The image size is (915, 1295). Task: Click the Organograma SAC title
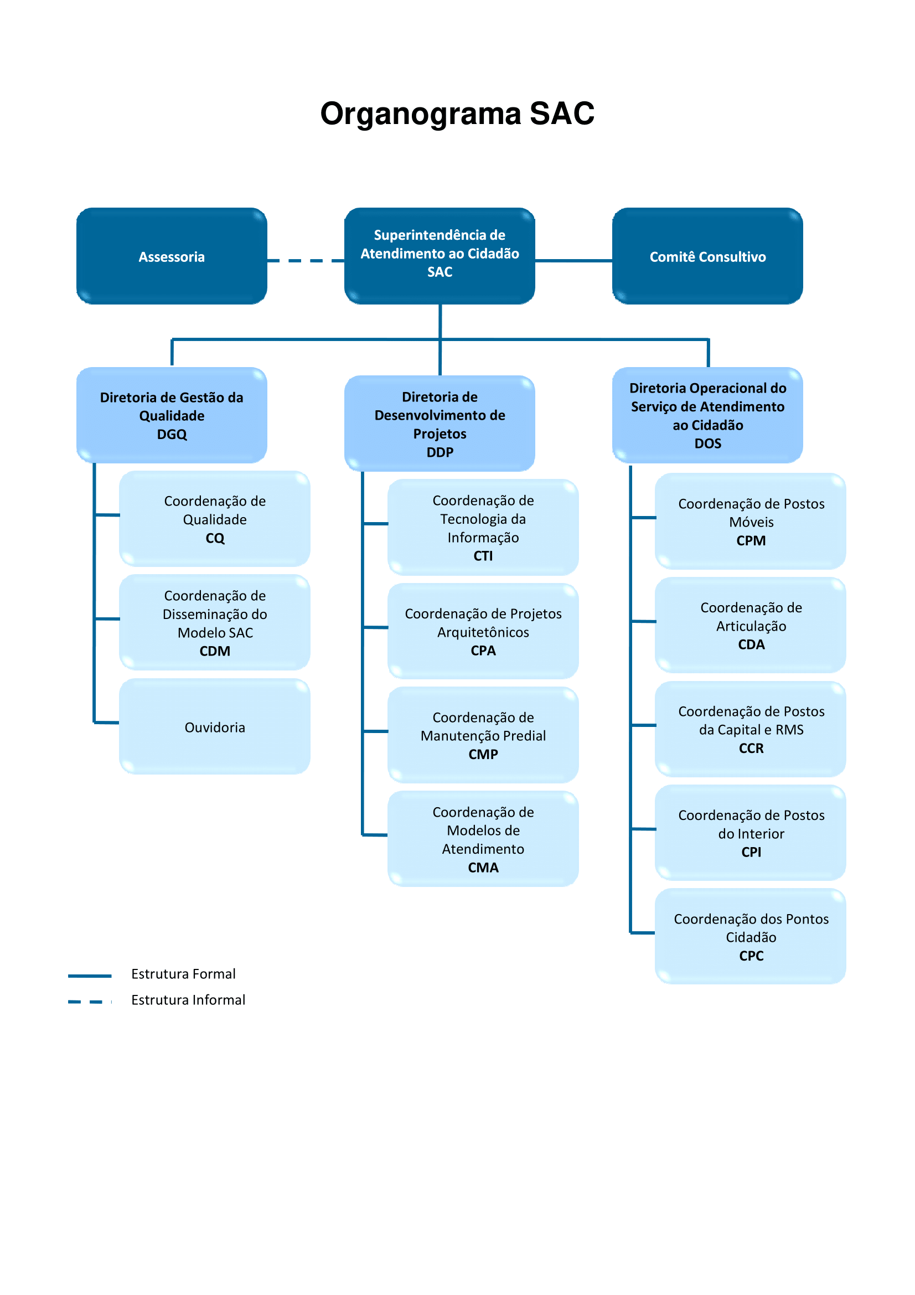pos(457,113)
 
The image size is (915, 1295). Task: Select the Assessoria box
pos(172,257)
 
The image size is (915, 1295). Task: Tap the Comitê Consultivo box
pos(707,257)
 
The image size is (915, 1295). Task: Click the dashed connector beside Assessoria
pos(305,261)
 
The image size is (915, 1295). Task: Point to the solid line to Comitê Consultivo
pos(573,261)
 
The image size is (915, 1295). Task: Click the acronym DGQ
pos(172,434)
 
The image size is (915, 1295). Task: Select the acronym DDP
pos(440,452)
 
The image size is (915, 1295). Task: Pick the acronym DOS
pos(707,443)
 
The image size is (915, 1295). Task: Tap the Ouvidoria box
pos(215,727)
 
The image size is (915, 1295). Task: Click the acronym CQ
pos(215,538)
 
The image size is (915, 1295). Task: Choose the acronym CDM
pos(215,651)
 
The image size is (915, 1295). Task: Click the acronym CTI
pos(483,555)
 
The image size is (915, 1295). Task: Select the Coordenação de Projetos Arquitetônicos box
pos(483,631)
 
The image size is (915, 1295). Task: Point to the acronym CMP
pos(483,754)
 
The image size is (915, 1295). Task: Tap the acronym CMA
pos(483,868)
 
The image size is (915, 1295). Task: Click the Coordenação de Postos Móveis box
pos(751,521)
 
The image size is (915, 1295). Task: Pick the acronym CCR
pos(751,748)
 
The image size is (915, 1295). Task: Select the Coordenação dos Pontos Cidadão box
pos(751,936)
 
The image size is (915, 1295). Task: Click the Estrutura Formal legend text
pos(183,973)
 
